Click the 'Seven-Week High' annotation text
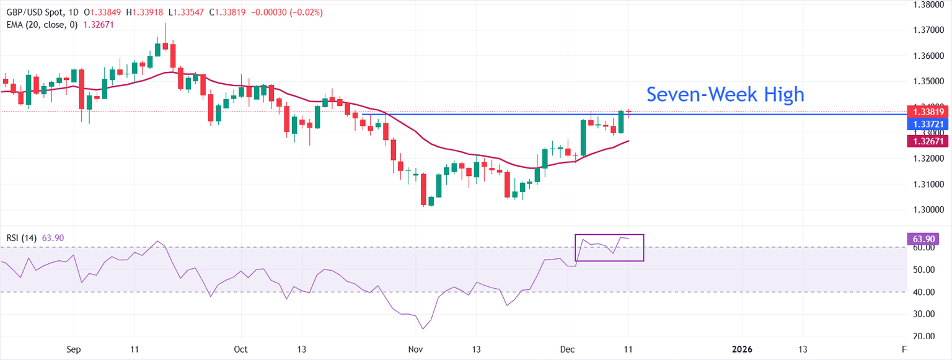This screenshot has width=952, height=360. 725,94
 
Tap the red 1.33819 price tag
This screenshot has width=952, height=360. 928,112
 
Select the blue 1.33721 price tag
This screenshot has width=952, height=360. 928,125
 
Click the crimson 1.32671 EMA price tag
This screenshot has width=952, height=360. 928,141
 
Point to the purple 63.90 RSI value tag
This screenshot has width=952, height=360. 923,239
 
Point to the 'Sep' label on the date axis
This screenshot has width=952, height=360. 74,349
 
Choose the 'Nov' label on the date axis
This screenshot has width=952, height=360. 415,349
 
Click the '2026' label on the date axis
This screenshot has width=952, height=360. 741,349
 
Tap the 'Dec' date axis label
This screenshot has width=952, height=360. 568,349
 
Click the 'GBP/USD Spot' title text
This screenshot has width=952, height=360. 31,12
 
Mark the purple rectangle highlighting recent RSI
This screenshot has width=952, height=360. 609,247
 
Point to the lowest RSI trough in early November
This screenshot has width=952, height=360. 423,328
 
